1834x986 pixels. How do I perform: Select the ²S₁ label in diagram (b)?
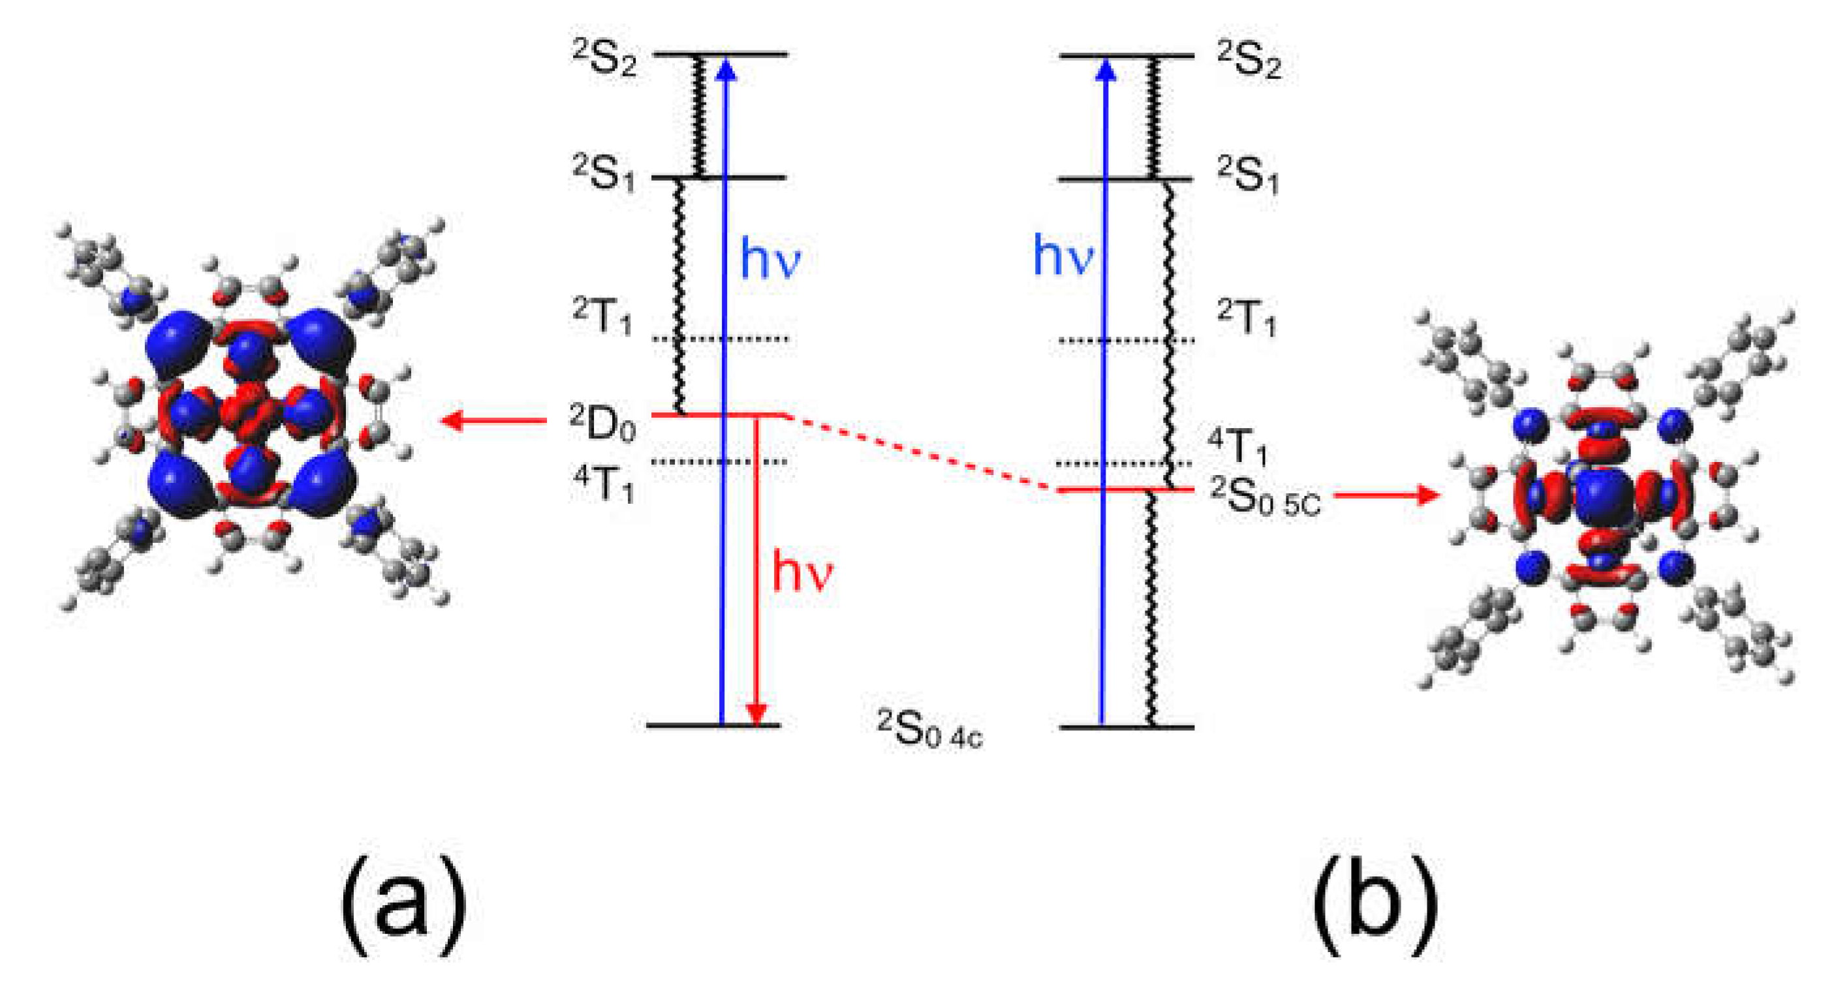(x=1248, y=176)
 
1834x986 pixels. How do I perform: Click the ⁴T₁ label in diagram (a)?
(x=604, y=484)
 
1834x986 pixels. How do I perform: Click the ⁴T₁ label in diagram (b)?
(x=1237, y=446)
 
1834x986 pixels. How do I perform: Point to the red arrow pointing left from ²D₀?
(x=494, y=420)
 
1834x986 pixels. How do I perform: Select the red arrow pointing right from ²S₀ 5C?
(x=1386, y=495)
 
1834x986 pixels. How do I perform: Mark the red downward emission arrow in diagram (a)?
(x=757, y=570)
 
